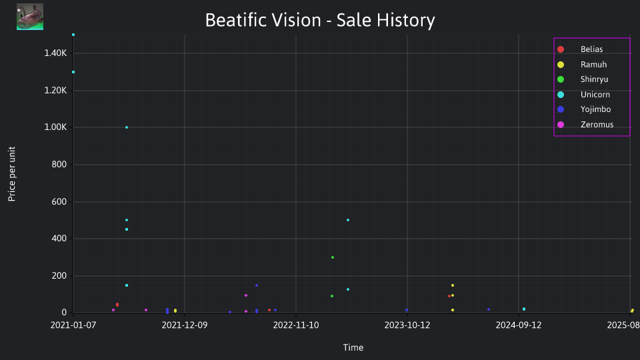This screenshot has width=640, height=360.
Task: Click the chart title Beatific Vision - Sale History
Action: coord(320,20)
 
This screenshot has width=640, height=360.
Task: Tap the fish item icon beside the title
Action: coord(30,17)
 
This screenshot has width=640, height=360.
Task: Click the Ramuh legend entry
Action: coord(582,65)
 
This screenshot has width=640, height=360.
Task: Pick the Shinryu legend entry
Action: coord(583,79)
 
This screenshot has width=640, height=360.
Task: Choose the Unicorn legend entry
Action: coord(584,94)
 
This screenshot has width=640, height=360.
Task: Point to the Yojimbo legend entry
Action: coord(584,109)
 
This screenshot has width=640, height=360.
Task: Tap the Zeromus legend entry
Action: coord(585,125)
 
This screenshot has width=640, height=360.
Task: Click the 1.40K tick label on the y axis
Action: coord(55,53)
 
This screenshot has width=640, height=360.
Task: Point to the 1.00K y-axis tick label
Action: coord(55,127)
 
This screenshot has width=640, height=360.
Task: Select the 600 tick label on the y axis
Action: coord(59,201)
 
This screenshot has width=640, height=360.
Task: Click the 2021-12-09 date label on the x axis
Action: coord(185,325)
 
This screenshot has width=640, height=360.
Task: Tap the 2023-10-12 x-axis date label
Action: coord(407,325)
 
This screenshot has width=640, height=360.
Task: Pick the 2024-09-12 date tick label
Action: coord(519,325)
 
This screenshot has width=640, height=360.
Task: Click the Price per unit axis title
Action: coord(11,174)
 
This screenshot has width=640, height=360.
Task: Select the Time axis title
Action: coord(353,348)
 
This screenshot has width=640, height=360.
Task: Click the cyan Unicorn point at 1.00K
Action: coord(127,127)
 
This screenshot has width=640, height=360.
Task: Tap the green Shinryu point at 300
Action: coord(333,257)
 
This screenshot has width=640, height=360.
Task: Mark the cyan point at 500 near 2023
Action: coord(348,220)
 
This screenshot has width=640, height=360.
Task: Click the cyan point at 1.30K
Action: coord(73,72)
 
